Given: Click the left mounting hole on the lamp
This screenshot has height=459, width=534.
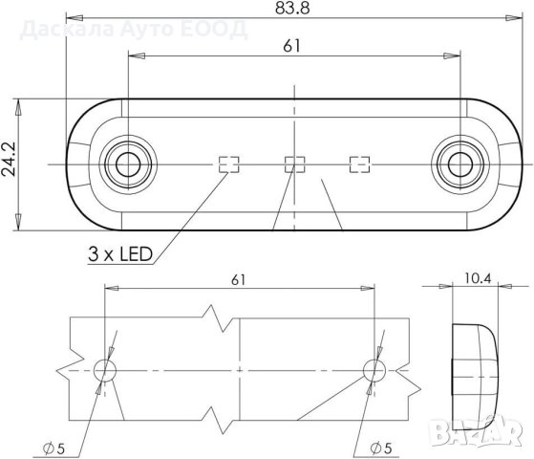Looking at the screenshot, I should [x=126, y=164].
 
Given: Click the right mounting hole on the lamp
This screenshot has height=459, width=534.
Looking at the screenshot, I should [x=459, y=164].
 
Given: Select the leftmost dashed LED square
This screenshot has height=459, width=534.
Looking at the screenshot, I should [x=227, y=164].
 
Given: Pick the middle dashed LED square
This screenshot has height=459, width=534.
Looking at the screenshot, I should [x=294, y=164].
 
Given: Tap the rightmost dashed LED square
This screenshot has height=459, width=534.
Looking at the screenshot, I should [x=360, y=164].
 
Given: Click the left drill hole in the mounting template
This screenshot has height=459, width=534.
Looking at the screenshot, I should [x=105, y=369].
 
